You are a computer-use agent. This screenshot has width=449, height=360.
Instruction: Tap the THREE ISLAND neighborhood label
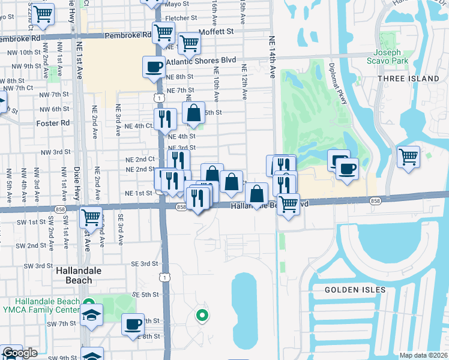pos(408,79)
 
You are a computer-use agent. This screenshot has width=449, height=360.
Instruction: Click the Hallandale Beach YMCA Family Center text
pos(40,305)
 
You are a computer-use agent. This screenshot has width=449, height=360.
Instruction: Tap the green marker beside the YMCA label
pos(88,303)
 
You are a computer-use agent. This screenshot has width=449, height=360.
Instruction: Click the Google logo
pos(20,353)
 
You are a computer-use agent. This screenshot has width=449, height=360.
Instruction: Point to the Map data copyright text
pos(423,355)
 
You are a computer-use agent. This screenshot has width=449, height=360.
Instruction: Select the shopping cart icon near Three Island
pos(409,156)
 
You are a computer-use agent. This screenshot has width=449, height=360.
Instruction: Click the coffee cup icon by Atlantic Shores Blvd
pos(154,67)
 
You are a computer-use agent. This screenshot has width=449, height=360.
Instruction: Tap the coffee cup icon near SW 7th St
pos(133,325)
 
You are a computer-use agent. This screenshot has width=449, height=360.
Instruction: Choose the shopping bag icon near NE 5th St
pos(193,112)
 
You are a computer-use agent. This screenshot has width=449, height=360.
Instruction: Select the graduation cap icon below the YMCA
pos(91,315)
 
